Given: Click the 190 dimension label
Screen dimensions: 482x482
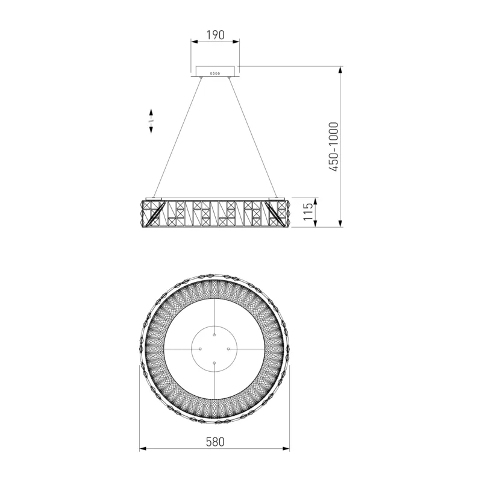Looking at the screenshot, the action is [x=215, y=35].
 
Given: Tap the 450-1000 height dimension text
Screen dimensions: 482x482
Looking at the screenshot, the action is [x=334, y=146].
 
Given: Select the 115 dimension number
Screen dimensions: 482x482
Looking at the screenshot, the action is [x=308, y=211].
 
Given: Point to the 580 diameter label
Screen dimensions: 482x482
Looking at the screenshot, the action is [x=215, y=442].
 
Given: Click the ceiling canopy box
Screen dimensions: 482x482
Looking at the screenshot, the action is [x=215, y=71].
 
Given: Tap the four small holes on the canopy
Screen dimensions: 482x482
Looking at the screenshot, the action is [x=215, y=74].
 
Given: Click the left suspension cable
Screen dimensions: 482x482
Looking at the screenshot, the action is [x=178, y=137].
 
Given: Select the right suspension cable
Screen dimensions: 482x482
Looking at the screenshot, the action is [x=253, y=137].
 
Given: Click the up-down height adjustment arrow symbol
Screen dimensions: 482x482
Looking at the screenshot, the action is [x=151, y=121].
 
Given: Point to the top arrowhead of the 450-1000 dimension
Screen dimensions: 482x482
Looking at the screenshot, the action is [x=340, y=70].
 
